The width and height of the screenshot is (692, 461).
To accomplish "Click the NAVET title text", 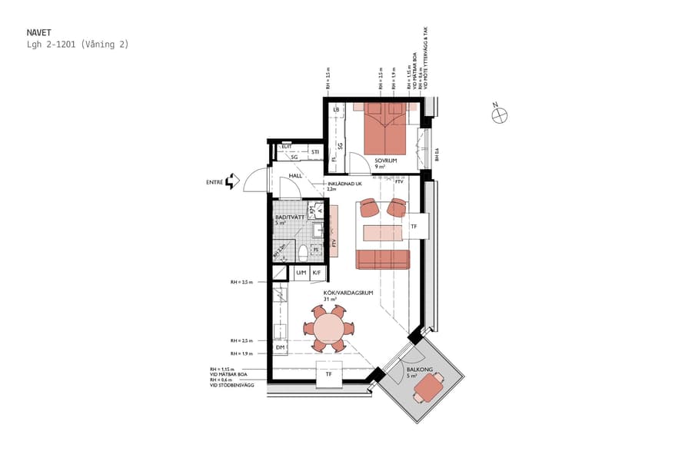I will tap(39, 32).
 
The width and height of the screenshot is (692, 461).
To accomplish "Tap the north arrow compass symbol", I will tap(500, 115).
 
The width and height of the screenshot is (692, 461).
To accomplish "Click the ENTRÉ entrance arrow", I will tap(231, 182).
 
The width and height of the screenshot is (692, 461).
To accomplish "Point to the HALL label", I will tap(295, 176).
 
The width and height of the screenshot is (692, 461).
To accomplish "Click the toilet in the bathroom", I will tap(303, 252).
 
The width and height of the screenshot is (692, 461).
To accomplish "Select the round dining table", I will tap(328, 328).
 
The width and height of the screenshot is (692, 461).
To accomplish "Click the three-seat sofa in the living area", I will tap(382, 259).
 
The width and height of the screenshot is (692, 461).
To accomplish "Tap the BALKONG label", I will tap(419, 370).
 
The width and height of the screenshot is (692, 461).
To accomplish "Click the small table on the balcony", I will tap(427, 392).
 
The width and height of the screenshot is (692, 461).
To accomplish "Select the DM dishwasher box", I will tap(280, 348).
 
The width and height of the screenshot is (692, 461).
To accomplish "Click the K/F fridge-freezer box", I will tap(316, 273).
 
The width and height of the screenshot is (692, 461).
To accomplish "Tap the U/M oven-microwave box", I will tap(301, 273).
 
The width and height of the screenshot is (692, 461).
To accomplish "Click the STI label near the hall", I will tap(315, 152).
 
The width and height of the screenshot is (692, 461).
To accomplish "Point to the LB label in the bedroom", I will tap(336, 111).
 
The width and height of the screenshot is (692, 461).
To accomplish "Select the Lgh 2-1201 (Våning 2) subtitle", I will tap(77, 45).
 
